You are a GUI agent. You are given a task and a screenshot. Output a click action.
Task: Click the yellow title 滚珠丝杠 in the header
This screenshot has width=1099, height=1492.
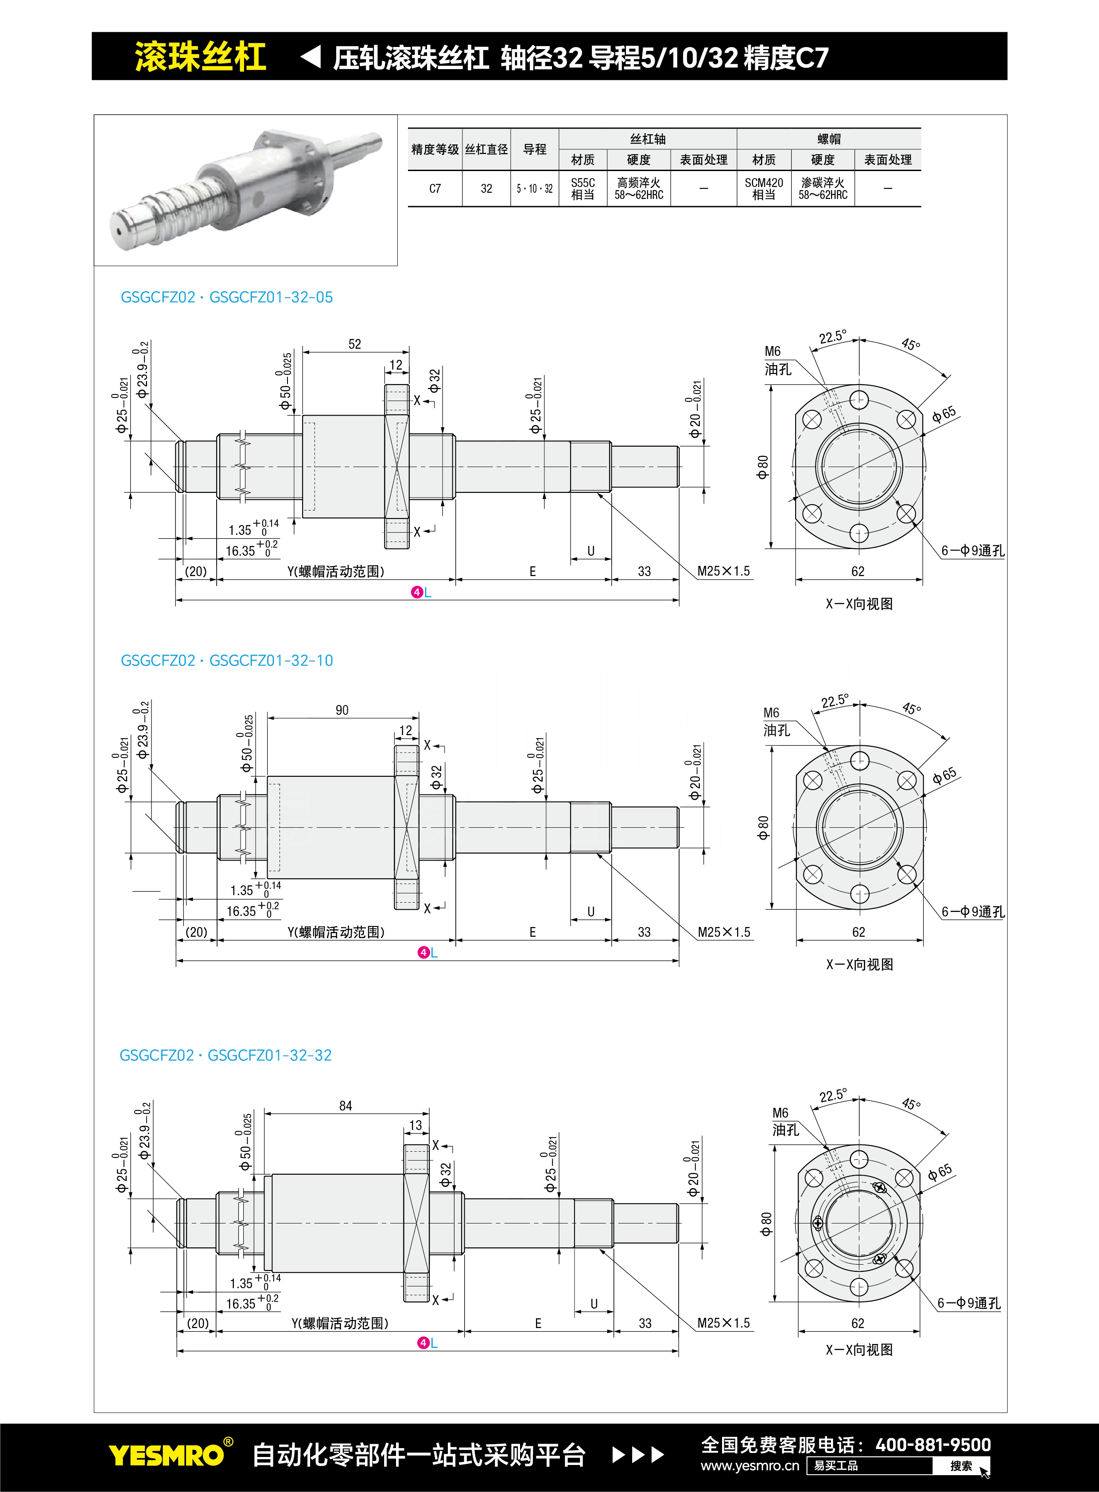pyautogui.click(x=200, y=57)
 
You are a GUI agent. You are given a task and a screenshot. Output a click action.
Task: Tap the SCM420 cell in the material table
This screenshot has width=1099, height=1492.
pyautogui.click(x=764, y=188)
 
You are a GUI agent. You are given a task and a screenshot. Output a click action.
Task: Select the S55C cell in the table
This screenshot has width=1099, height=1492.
pyautogui.click(x=583, y=188)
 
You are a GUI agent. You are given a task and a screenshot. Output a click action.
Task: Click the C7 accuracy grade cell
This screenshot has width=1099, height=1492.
pyautogui.click(x=435, y=188)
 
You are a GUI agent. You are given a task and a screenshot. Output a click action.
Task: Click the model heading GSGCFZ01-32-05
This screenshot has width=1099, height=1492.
pyautogui.click(x=226, y=297)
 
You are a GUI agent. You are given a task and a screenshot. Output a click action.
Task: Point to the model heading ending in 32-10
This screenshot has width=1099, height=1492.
pyautogui.click(x=226, y=661)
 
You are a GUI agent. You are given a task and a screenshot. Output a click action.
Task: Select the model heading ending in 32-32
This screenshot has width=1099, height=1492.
pyautogui.click(x=225, y=1056)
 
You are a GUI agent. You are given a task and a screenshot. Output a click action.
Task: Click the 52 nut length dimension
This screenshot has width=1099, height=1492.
pyautogui.click(x=354, y=344)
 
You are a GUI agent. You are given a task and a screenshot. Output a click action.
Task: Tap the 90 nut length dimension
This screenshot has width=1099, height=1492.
pyautogui.click(x=342, y=710)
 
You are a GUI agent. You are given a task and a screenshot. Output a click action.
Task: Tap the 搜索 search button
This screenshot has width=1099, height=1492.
pyautogui.click(x=961, y=1466)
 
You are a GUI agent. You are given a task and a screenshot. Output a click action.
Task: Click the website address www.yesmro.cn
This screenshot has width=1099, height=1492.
pyautogui.click(x=750, y=1466)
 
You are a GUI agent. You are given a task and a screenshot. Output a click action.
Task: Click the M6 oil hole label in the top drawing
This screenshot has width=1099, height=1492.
pyautogui.click(x=777, y=360)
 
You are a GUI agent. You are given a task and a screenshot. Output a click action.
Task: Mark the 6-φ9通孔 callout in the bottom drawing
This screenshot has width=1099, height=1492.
pyautogui.click(x=969, y=1303)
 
